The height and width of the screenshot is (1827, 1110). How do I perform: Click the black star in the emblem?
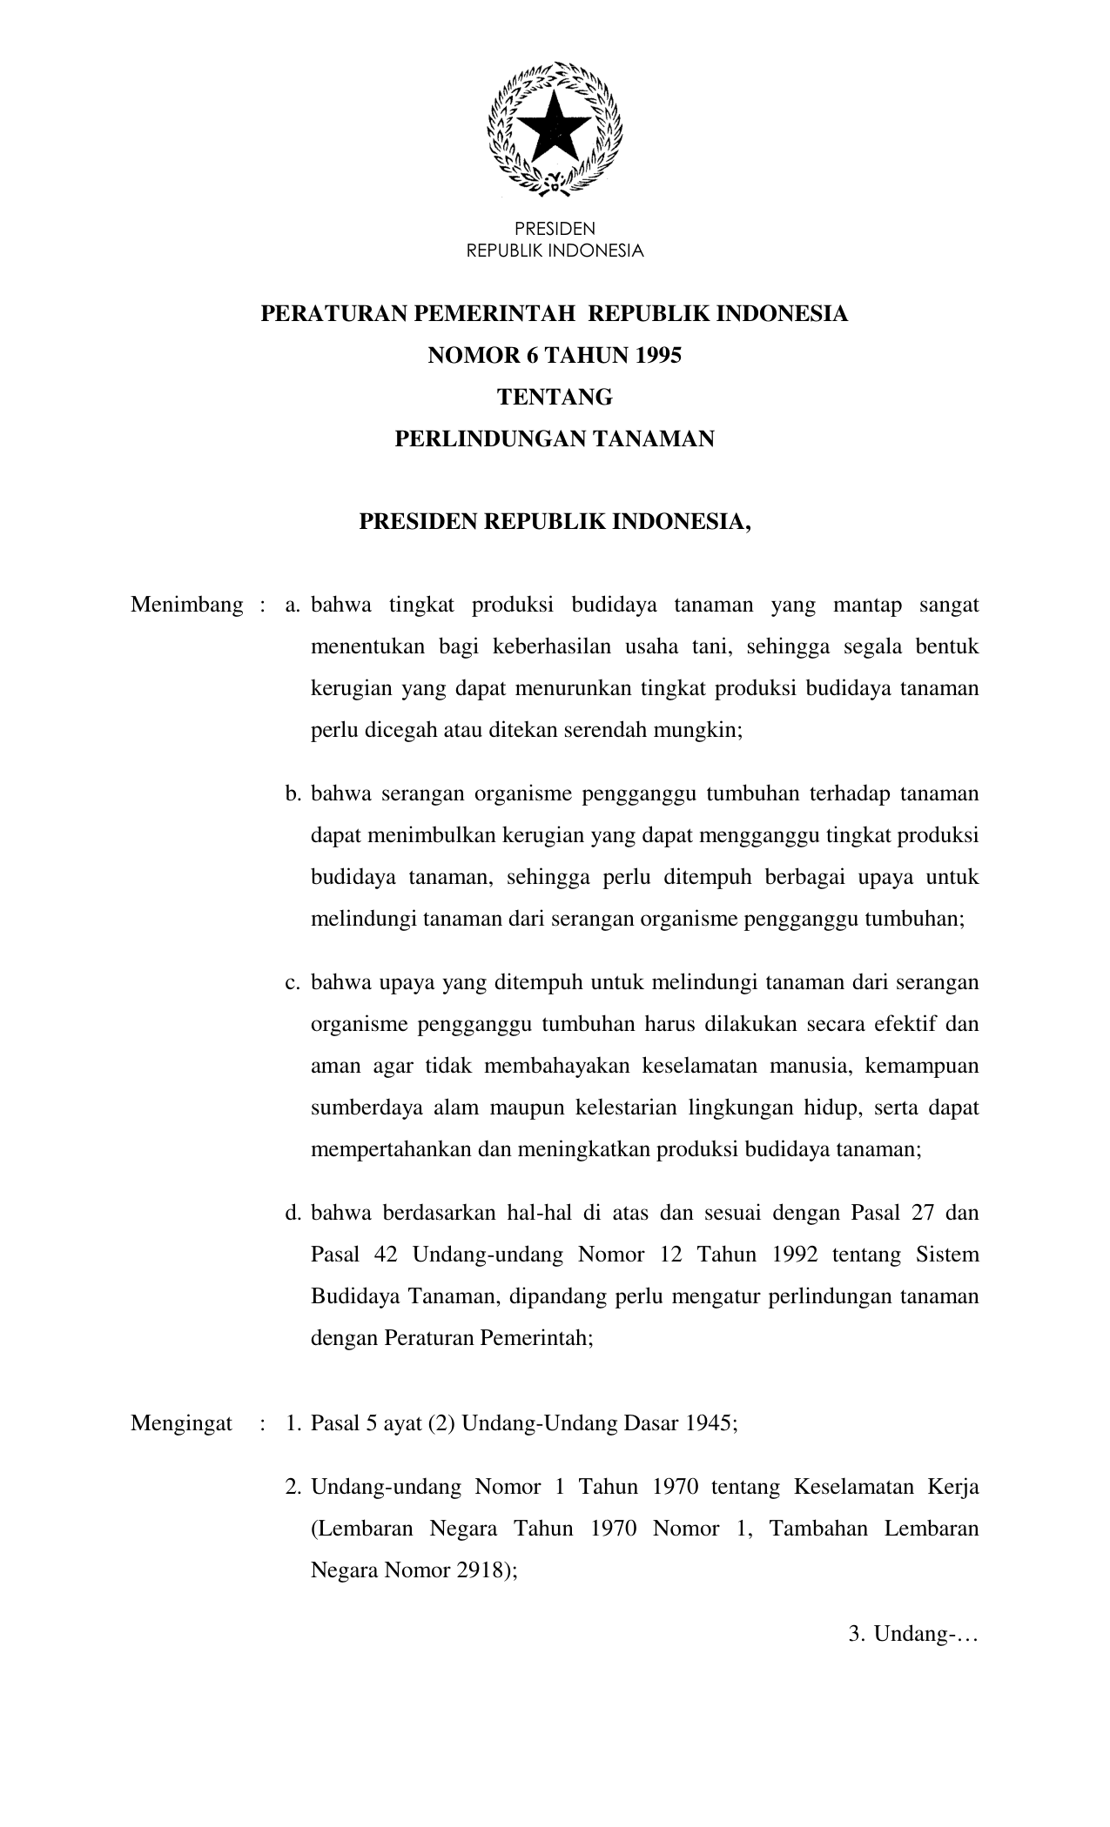pyautogui.click(x=555, y=127)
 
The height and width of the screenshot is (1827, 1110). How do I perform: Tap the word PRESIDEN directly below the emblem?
pyautogui.click(x=555, y=230)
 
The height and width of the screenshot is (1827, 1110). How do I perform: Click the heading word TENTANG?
pyautogui.click(x=555, y=398)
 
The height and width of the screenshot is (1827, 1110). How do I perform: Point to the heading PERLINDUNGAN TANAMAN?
pyautogui.click(x=555, y=439)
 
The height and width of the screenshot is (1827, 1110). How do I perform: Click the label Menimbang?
pyautogui.click(x=186, y=606)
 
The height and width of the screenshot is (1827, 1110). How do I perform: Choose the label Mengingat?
pyautogui.click(x=181, y=1423)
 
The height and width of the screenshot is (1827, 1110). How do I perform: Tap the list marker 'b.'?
pyautogui.click(x=293, y=793)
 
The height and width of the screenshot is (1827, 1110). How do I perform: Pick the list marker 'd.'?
pyautogui.click(x=293, y=1213)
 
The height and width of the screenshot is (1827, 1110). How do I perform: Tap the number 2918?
pyautogui.click(x=481, y=1570)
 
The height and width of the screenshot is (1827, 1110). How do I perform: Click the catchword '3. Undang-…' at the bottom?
pyautogui.click(x=913, y=1635)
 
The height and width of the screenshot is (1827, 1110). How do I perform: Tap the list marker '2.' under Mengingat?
pyautogui.click(x=293, y=1487)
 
